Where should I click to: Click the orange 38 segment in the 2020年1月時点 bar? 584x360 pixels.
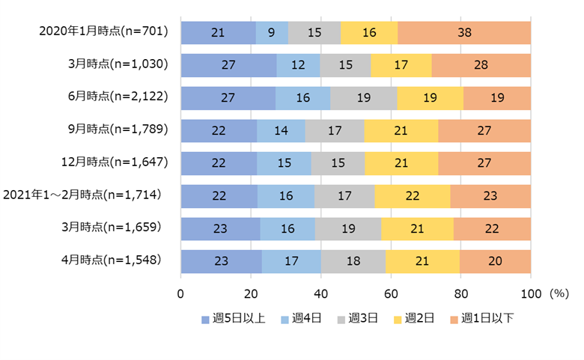pos(464,32)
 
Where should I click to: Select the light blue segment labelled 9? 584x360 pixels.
pos(272,32)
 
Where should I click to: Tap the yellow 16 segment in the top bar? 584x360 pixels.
pos(369,32)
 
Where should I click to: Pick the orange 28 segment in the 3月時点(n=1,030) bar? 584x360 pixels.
pos(481,65)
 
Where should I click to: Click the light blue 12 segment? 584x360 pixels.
pos(298,65)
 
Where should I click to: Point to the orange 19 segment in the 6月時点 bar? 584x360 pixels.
pos(497,98)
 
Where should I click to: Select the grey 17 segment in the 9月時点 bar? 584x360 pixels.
pos(335,131)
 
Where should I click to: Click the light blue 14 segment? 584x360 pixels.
pos(281,131)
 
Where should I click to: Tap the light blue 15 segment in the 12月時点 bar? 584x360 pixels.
pos(284,163)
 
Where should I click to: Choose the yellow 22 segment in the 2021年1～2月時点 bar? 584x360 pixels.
pos(412,196)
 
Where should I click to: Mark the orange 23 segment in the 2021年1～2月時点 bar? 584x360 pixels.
pos(490,196)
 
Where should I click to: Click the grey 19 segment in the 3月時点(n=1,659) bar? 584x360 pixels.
pos(348,229)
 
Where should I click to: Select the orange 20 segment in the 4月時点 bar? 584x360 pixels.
pos(495,261)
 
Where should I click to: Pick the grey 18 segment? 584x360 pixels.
pos(353,261)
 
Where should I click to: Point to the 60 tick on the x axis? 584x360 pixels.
pos(391,293)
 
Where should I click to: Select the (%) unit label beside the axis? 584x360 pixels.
pos(560,293)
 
